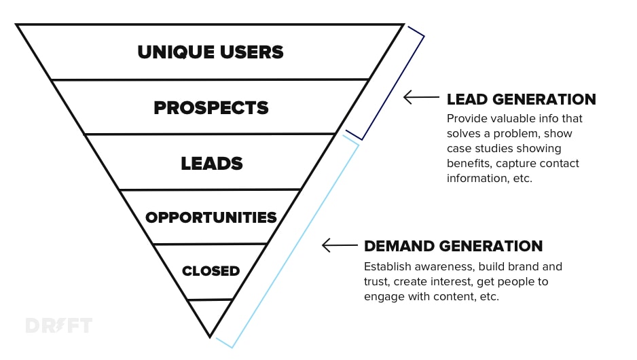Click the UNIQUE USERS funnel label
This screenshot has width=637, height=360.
tap(211, 52)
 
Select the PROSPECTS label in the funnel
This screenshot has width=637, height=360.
tap(211, 107)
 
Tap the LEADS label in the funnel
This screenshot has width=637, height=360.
tap(211, 163)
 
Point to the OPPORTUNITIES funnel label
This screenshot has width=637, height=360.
tap(211, 217)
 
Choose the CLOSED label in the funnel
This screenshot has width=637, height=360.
tap(211, 270)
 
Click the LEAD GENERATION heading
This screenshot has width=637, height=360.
tap(521, 99)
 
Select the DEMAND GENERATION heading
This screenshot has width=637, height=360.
tap(453, 246)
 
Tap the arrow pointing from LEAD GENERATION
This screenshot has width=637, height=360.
tap(421, 98)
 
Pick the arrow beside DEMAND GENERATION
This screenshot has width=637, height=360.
tap(339, 245)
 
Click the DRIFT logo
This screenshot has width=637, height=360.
tap(58, 325)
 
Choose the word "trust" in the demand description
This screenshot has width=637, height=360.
tap(377, 281)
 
